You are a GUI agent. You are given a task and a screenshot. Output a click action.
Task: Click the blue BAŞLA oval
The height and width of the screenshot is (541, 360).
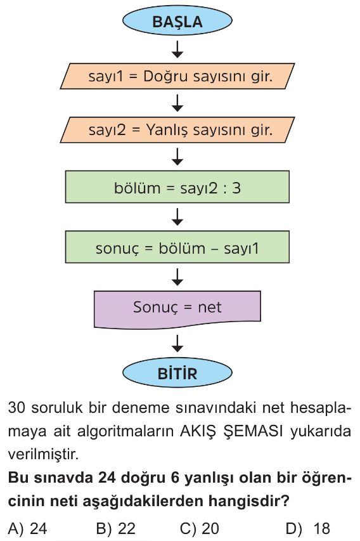[x=177, y=20]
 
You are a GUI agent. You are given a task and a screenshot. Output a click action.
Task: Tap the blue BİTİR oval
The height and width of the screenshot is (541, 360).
[x=177, y=373]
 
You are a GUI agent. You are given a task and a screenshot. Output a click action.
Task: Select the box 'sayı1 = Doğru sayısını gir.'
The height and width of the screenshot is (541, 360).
[x=177, y=76]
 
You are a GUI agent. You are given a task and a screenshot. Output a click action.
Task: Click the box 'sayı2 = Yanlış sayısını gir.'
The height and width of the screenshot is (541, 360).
[x=177, y=130]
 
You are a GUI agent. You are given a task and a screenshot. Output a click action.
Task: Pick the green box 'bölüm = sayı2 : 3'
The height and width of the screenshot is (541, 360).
[x=177, y=187]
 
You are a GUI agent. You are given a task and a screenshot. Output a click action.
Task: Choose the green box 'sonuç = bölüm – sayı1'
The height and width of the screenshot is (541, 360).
[x=177, y=247]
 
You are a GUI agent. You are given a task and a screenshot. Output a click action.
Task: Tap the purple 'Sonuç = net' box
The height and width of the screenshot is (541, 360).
[x=177, y=309]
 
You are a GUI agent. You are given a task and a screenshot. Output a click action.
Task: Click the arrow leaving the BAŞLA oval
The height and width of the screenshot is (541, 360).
[x=177, y=49]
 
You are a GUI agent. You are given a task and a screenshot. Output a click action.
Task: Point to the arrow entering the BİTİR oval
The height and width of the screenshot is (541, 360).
[x=177, y=343]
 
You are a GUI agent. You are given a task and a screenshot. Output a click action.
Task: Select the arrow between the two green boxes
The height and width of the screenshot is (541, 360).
[x=177, y=217]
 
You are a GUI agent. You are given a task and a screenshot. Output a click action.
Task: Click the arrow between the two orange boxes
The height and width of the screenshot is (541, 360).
[x=177, y=103]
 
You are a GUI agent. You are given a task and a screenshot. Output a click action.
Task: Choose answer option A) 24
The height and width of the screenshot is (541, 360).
[x=27, y=528]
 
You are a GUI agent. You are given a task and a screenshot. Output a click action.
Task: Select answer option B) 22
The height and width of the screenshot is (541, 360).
[x=116, y=528]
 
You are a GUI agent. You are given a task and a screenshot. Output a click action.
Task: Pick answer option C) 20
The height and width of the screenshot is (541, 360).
[x=200, y=528]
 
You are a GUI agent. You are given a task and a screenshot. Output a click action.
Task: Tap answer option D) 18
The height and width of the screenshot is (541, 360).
[x=308, y=528]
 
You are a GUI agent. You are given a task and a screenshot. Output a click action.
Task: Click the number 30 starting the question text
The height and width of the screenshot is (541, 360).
[x=16, y=407]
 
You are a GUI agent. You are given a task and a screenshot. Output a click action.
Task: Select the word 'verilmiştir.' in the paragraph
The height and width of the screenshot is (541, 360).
[x=44, y=454]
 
